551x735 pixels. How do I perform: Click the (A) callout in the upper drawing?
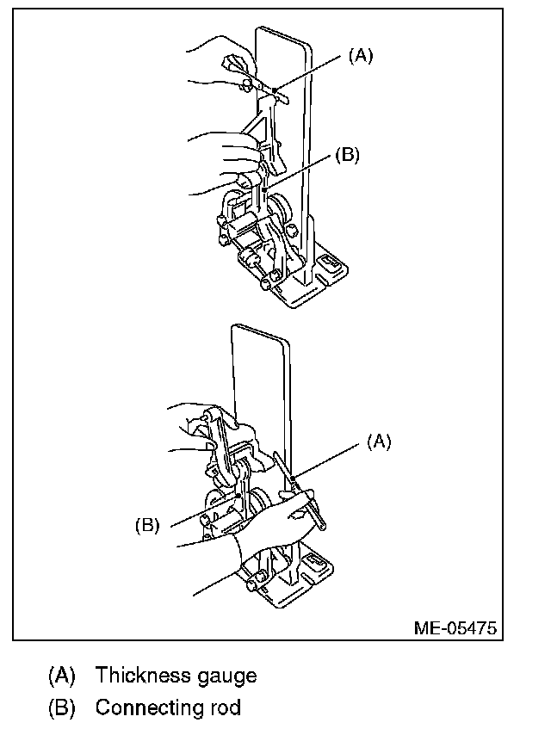[x=360, y=56]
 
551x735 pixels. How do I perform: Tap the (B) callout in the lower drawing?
[x=148, y=525]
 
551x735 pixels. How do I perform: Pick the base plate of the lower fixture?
[x=284, y=594]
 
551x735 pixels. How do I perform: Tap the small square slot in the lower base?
[x=316, y=563]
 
